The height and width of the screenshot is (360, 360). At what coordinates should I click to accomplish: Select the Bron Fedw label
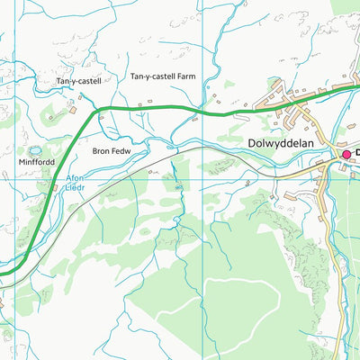(x=112, y=151)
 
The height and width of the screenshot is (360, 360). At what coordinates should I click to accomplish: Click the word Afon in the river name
(x=75, y=178)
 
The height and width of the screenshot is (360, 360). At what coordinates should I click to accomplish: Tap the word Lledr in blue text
(x=75, y=189)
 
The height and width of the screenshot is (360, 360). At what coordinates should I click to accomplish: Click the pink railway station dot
(x=345, y=155)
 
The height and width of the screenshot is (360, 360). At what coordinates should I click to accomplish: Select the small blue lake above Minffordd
(x=36, y=149)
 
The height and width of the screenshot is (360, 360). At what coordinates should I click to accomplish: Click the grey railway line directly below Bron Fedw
(x=112, y=168)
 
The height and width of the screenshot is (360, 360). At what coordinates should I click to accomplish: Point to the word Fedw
(x=121, y=151)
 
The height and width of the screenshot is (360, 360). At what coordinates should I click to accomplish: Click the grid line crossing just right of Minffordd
(x=64, y=177)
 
